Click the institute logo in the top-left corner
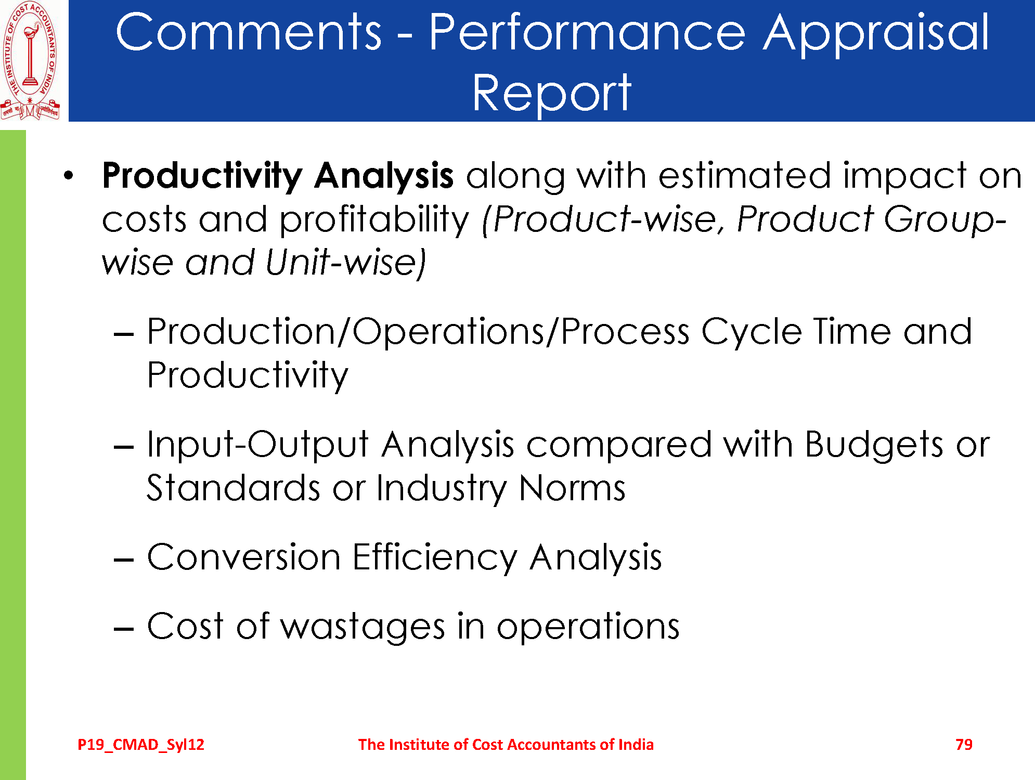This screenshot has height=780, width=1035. pos(30,60)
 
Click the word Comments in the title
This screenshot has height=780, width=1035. pos(249,32)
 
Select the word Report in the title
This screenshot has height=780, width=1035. pos(551,94)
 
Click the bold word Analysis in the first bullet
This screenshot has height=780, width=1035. pos(384,176)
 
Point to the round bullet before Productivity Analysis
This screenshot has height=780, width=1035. pos(68,175)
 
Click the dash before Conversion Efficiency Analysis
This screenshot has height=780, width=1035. pos(124,560)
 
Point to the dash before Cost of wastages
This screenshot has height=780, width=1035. pos(124,629)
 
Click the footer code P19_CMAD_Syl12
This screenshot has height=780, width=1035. pos(141,745)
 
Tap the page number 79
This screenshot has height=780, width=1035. pos(964,745)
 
